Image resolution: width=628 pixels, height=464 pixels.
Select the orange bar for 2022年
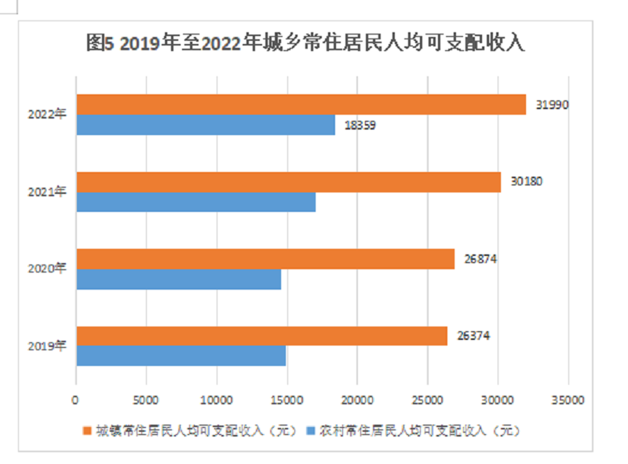pos(301,104)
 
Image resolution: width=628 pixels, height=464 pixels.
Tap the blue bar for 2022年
pos(206,125)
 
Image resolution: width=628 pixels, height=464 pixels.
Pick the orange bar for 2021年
pos(288,182)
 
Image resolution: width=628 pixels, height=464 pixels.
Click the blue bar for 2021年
pos(195,202)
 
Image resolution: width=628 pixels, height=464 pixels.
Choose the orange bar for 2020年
pos(265,259)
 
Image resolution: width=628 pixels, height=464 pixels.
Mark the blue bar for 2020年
pos(178,279)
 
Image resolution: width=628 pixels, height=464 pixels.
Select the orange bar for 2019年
pos(261,336)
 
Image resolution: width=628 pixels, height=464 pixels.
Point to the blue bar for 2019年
pos(181,356)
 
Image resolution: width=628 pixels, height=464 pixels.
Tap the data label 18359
pos(360,125)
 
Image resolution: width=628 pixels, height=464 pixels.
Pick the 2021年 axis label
pos(46,192)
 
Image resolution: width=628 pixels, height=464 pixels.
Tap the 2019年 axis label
pos(46,345)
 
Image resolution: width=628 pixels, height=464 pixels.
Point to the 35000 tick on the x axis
pos(568,400)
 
